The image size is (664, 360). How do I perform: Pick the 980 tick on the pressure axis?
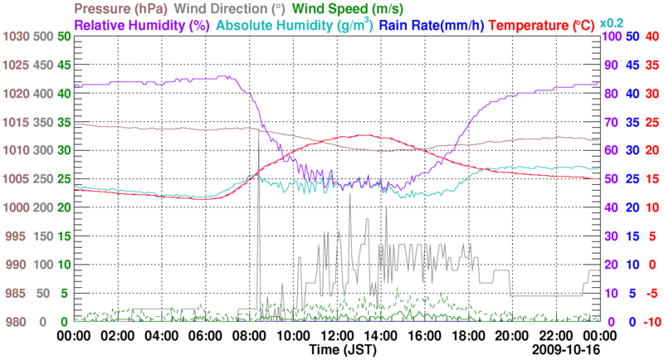tap(17, 322)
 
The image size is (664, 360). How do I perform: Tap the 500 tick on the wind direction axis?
tap(41, 36)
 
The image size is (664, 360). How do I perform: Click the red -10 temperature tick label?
tap(650, 322)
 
